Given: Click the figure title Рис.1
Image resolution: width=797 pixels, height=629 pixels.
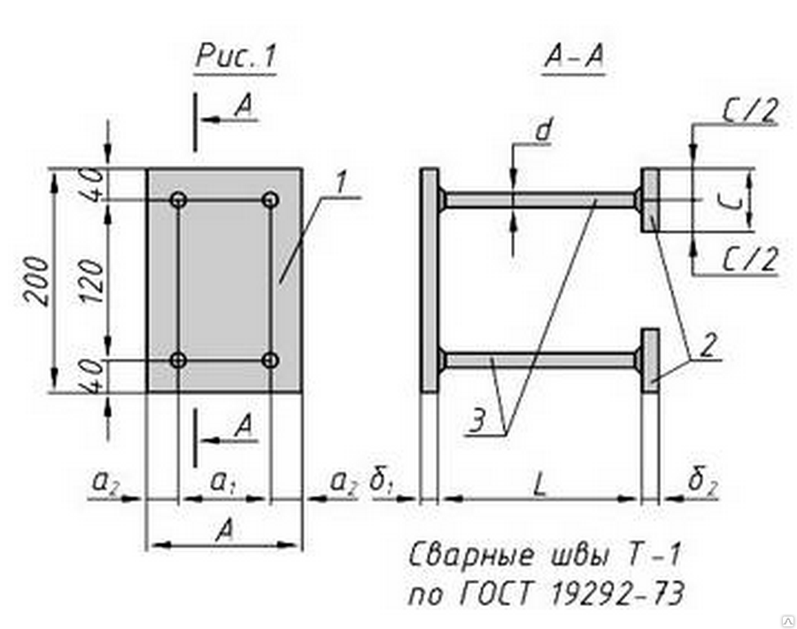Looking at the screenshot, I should [x=235, y=58].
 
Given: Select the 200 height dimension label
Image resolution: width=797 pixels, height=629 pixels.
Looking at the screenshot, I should [x=36, y=281].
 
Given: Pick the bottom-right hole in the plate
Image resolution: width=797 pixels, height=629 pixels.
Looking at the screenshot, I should [x=271, y=361].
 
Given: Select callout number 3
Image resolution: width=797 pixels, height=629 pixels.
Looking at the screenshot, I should [x=478, y=423].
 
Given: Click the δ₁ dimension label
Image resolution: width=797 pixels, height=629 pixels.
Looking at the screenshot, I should [x=383, y=483].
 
